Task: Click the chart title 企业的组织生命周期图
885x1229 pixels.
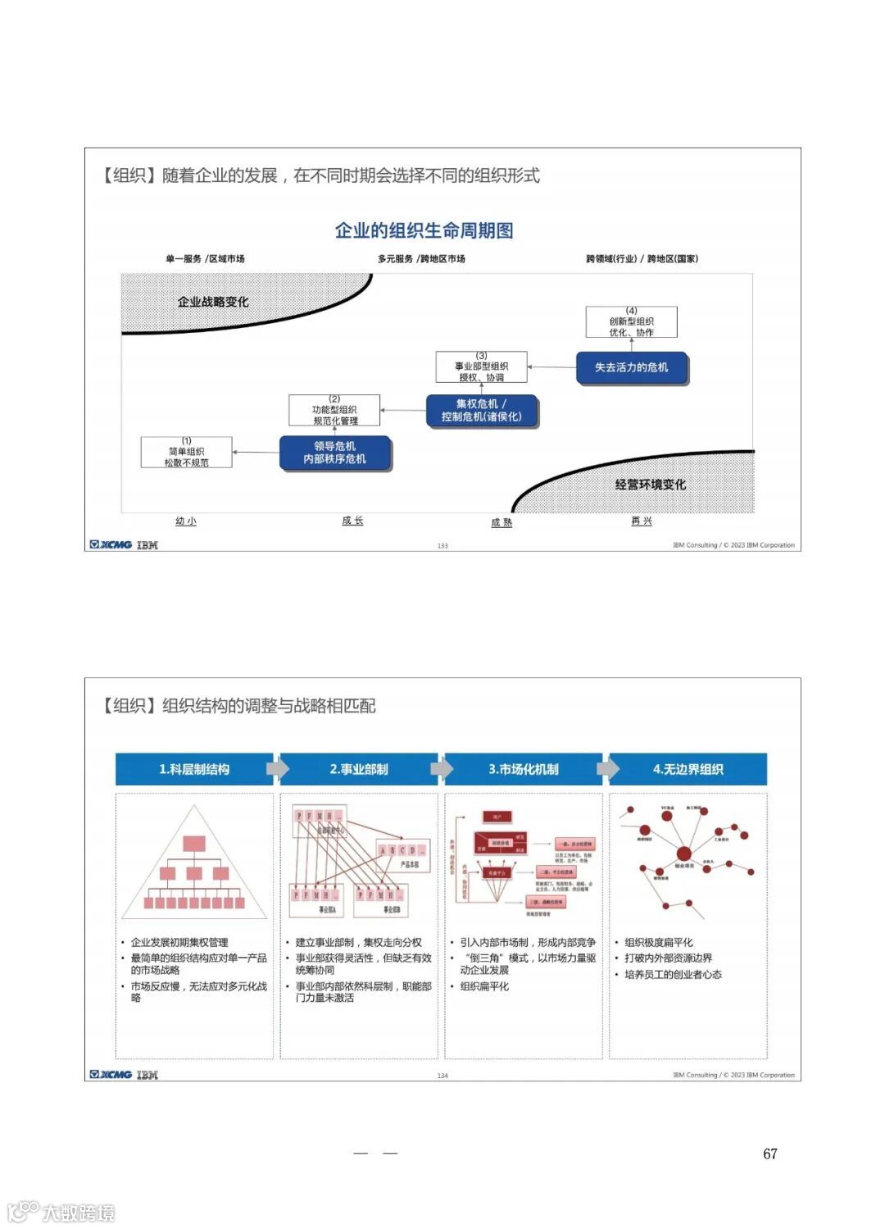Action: [424, 230]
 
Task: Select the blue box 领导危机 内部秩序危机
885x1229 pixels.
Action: [335, 453]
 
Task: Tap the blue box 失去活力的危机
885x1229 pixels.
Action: [631, 367]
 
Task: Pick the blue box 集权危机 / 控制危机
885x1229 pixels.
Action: [481, 410]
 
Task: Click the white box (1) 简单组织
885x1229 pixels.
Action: [187, 453]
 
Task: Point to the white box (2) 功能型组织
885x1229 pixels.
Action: [334, 411]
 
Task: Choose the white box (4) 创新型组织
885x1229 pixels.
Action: [631, 322]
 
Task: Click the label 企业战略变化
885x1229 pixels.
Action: [213, 302]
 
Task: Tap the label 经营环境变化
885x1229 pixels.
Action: [651, 485]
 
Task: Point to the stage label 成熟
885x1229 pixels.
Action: [501, 522]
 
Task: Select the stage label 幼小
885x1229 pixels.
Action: [186, 521]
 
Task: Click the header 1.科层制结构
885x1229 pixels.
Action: [194, 769]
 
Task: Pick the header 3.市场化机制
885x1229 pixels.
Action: [524, 769]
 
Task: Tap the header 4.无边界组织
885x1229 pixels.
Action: [688, 769]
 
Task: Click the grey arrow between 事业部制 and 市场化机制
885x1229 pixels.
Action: [442, 769]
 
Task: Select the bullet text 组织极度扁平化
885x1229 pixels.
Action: [659, 942]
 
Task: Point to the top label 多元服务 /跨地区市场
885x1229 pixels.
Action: [421, 259]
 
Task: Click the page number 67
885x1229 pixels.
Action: [769, 1154]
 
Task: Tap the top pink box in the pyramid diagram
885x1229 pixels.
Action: [194, 843]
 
